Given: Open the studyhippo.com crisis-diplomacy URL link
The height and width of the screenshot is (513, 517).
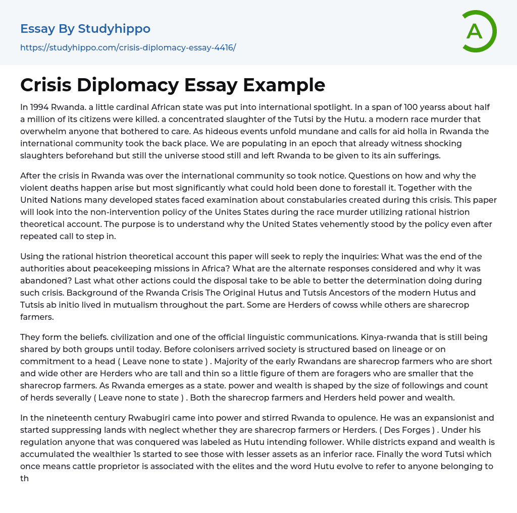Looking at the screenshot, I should pyautogui.click(x=128, y=48).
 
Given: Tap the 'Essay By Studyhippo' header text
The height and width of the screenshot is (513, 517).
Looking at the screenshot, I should pyautogui.click(x=85, y=29).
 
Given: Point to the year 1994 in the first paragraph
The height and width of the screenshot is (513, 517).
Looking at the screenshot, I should pyautogui.click(x=39, y=107).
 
